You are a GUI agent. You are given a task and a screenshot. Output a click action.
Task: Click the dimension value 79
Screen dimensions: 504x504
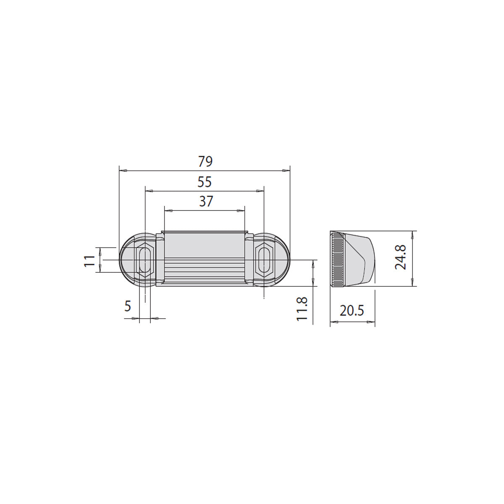coord(205,161)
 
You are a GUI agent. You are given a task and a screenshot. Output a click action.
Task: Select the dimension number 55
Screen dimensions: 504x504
coord(205,182)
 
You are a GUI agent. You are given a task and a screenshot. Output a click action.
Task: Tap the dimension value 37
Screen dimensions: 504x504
coord(206,202)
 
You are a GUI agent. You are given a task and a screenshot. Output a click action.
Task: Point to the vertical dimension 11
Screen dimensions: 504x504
coord(89,261)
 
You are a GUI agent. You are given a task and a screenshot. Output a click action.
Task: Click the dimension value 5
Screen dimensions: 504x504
coord(128,306)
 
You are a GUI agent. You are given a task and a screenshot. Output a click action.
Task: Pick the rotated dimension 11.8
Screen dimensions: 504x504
coord(302,309)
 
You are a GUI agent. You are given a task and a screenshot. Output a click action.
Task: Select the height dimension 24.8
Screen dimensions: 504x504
coord(400,257)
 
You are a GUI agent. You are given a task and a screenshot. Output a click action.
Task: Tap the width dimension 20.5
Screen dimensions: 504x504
coord(352,311)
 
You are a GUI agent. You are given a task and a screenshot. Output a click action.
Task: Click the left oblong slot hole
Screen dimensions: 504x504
coord(145,260)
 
